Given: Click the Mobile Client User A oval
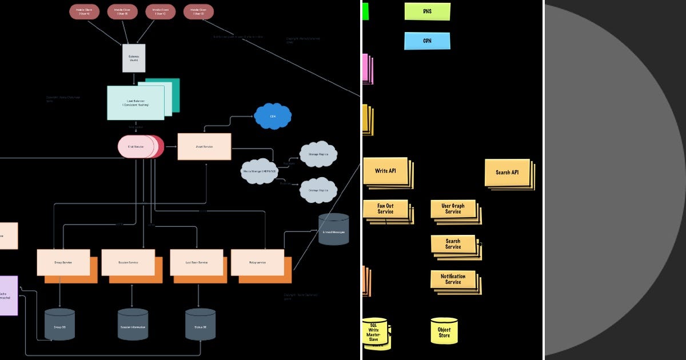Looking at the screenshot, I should [x=85, y=11].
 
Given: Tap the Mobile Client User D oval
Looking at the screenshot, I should [x=199, y=11].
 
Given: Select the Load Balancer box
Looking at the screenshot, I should [x=135, y=103].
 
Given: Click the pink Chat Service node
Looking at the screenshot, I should [x=136, y=147].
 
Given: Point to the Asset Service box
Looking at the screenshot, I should [x=204, y=147].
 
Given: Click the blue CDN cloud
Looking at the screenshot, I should [x=273, y=116].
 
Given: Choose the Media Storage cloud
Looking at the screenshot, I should [x=259, y=171].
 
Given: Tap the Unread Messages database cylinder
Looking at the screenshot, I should [x=333, y=230].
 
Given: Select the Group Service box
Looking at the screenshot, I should [x=63, y=262].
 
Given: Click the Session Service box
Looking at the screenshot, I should [x=128, y=262].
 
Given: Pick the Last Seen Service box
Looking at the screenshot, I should [x=196, y=262].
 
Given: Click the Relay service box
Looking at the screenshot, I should [x=257, y=262].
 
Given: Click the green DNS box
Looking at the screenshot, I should [x=427, y=11].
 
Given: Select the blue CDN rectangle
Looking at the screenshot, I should [x=427, y=41].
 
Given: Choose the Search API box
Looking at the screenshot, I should [x=507, y=172].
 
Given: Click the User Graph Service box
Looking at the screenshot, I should [x=453, y=209].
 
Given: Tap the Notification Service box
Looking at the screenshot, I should [x=453, y=279].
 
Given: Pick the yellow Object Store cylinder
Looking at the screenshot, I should [x=444, y=331].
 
